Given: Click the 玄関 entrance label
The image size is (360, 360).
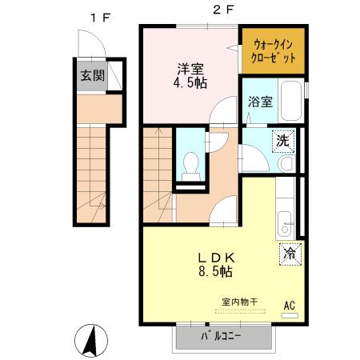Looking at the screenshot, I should pos(92,77).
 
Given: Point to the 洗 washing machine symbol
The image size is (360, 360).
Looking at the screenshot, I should pos(282,139).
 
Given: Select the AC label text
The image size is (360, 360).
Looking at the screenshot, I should pos(290,305).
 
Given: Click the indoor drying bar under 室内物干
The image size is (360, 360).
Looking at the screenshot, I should pos(238,311).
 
